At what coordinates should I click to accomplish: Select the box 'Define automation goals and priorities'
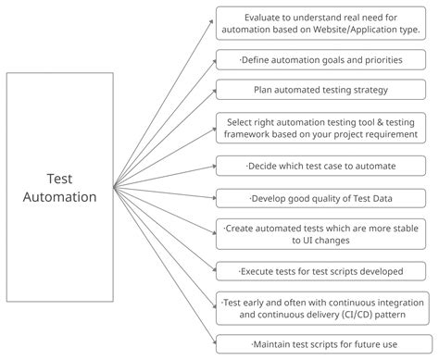tap(321, 60)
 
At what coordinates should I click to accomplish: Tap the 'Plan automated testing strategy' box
tap(321, 90)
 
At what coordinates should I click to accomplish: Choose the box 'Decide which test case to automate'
tap(321, 166)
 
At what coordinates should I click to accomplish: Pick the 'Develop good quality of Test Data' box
tap(321, 198)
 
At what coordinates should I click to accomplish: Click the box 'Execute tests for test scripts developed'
tap(321, 271)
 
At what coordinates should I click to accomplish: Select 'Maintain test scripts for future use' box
tap(321, 343)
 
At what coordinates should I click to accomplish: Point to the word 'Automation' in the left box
tap(59, 196)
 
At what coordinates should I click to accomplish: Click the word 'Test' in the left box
tap(59, 179)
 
